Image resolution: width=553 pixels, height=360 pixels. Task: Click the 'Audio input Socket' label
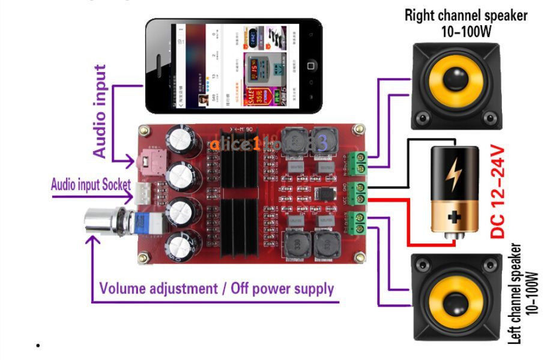90,184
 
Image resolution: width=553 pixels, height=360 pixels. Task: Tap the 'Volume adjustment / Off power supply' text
216,289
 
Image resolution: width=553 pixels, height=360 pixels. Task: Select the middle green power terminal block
358,191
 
